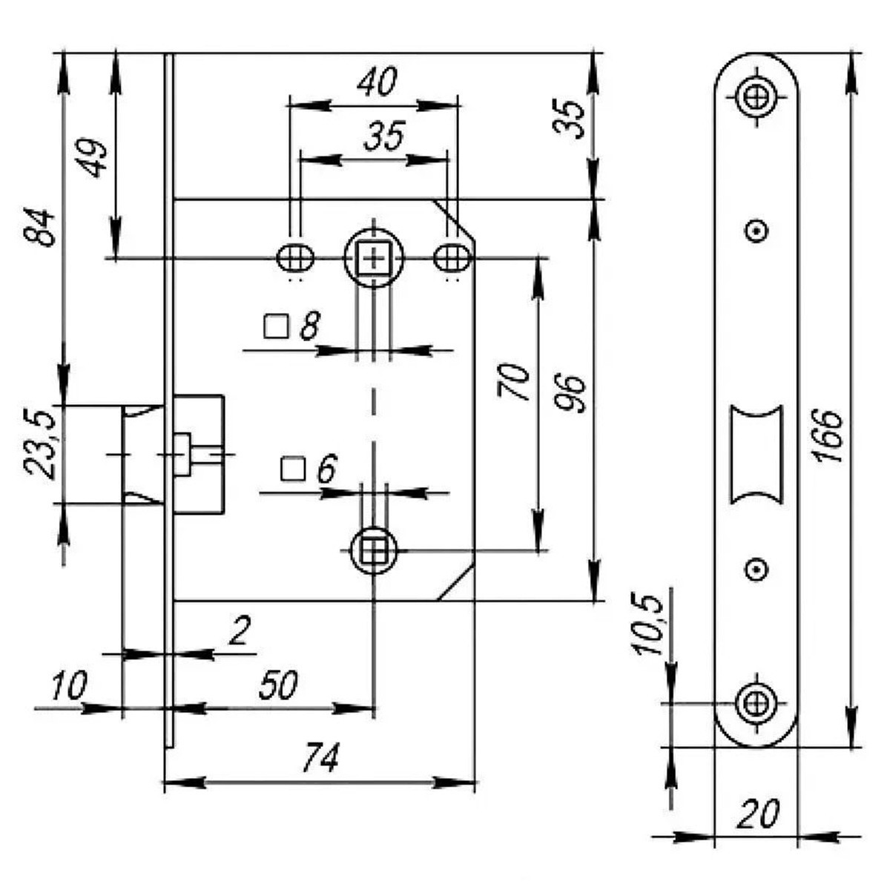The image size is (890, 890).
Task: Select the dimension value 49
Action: point(95,158)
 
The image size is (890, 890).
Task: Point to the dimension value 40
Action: point(378,82)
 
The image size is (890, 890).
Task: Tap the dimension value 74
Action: point(320,759)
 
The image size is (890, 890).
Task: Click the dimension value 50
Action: point(278,686)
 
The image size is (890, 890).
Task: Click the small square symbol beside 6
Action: point(293,469)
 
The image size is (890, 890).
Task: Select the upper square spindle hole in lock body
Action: point(374,258)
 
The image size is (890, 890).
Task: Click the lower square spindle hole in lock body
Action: point(374,550)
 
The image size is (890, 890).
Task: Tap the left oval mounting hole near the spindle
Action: point(295,258)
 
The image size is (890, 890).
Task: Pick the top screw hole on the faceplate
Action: point(756,97)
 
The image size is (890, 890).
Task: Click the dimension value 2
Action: point(239,633)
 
